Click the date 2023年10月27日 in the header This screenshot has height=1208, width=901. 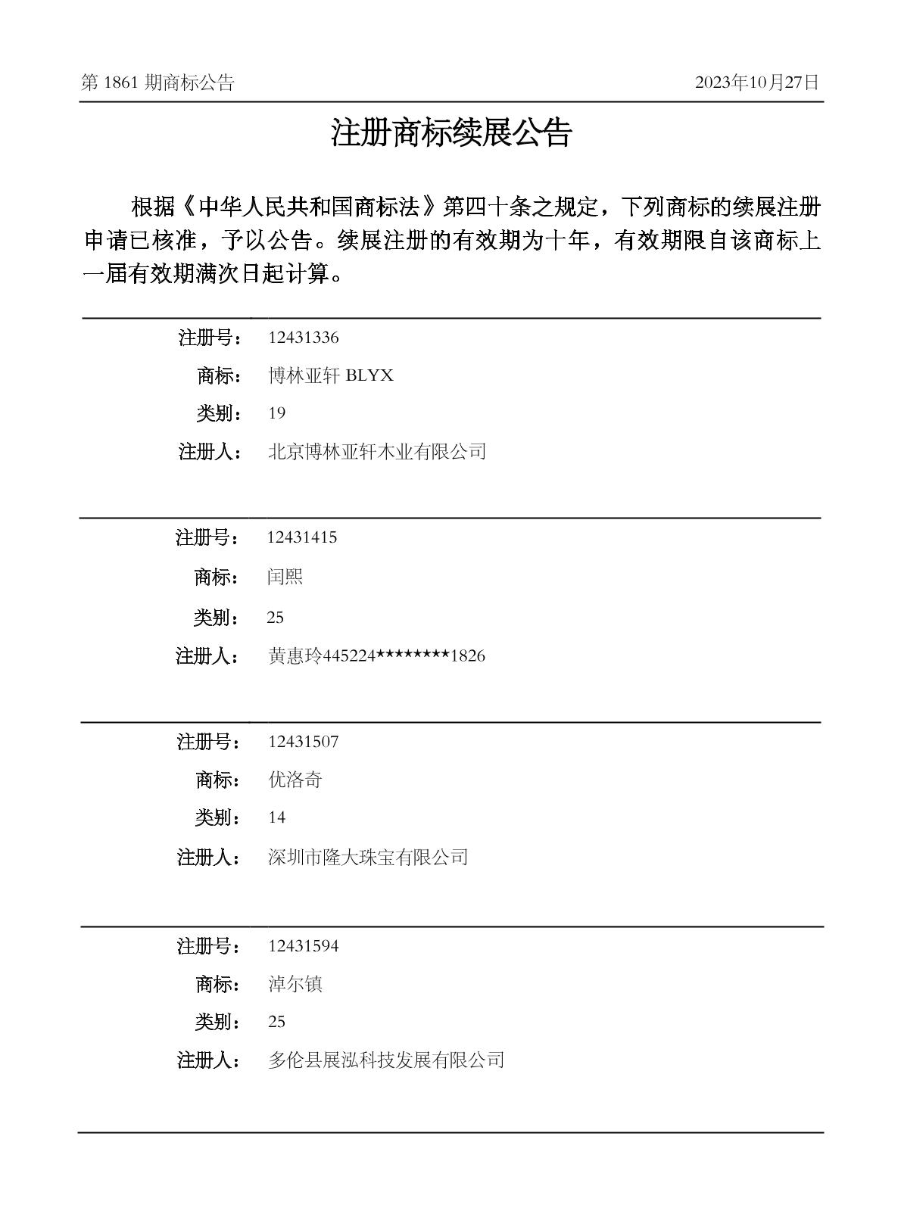click(756, 83)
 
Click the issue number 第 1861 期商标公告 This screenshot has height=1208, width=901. click(157, 83)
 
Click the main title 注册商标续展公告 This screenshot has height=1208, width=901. click(450, 133)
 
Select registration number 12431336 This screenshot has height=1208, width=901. click(303, 338)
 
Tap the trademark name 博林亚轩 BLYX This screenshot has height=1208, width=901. click(331, 375)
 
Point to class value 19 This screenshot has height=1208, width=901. click(276, 413)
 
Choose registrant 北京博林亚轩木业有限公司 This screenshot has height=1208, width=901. click(377, 452)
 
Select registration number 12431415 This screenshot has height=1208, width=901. click(301, 537)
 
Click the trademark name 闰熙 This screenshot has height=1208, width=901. click(285, 577)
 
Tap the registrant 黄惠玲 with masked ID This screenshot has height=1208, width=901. click(376, 656)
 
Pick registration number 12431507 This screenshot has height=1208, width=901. click(303, 742)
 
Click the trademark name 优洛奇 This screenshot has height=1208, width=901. click(295, 780)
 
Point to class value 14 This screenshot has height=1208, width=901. click(276, 817)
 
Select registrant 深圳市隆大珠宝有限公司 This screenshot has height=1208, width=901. click(368, 857)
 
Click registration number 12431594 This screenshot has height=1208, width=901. click(303, 946)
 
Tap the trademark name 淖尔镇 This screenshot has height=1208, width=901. click(295, 984)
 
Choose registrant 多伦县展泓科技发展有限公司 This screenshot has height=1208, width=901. click(386, 1060)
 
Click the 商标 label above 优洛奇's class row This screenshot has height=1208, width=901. click(218, 780)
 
